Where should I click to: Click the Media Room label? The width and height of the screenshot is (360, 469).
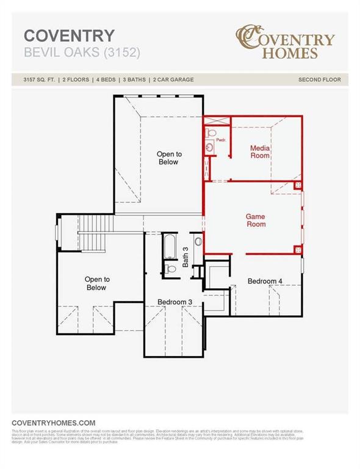260,151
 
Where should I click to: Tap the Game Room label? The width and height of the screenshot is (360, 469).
255,220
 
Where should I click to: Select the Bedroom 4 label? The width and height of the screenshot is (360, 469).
265,281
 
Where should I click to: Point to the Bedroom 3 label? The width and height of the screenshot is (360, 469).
175,302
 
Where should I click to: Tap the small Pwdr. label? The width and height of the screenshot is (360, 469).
220,140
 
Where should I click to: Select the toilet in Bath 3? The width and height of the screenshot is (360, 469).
170,269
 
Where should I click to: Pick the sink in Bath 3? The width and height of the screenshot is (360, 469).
198,242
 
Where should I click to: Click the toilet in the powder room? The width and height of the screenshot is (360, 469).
211,132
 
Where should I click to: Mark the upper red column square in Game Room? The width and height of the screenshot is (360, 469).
298,185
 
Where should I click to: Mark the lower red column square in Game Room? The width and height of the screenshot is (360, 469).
298,249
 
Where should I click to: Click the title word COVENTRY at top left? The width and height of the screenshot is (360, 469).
68,35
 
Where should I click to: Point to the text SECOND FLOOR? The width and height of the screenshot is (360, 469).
319,80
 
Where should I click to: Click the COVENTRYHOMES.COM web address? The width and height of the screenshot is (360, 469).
54,423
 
